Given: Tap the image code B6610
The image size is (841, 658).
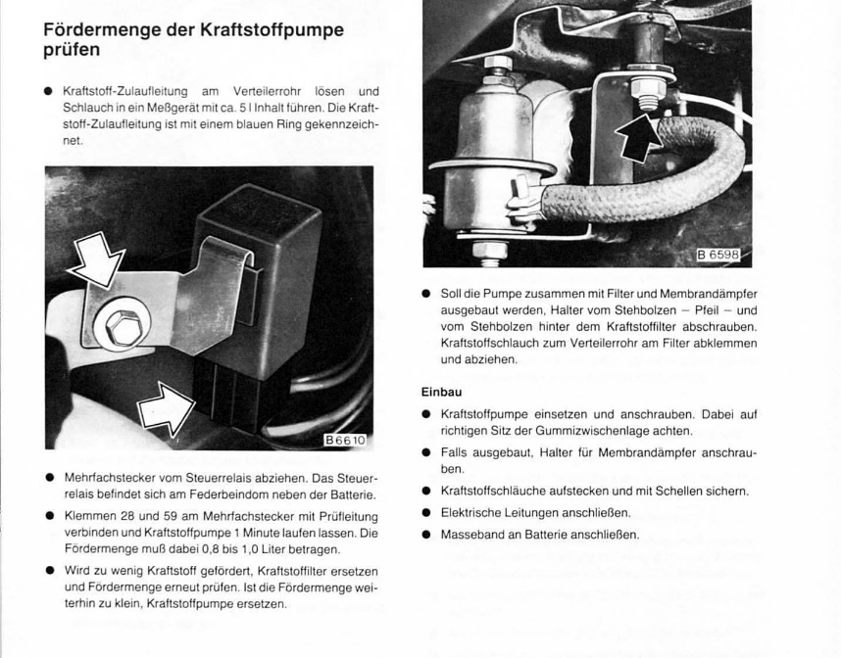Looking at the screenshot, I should coord(344,441).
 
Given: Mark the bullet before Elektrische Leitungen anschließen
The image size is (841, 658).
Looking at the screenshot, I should coord(427,513).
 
